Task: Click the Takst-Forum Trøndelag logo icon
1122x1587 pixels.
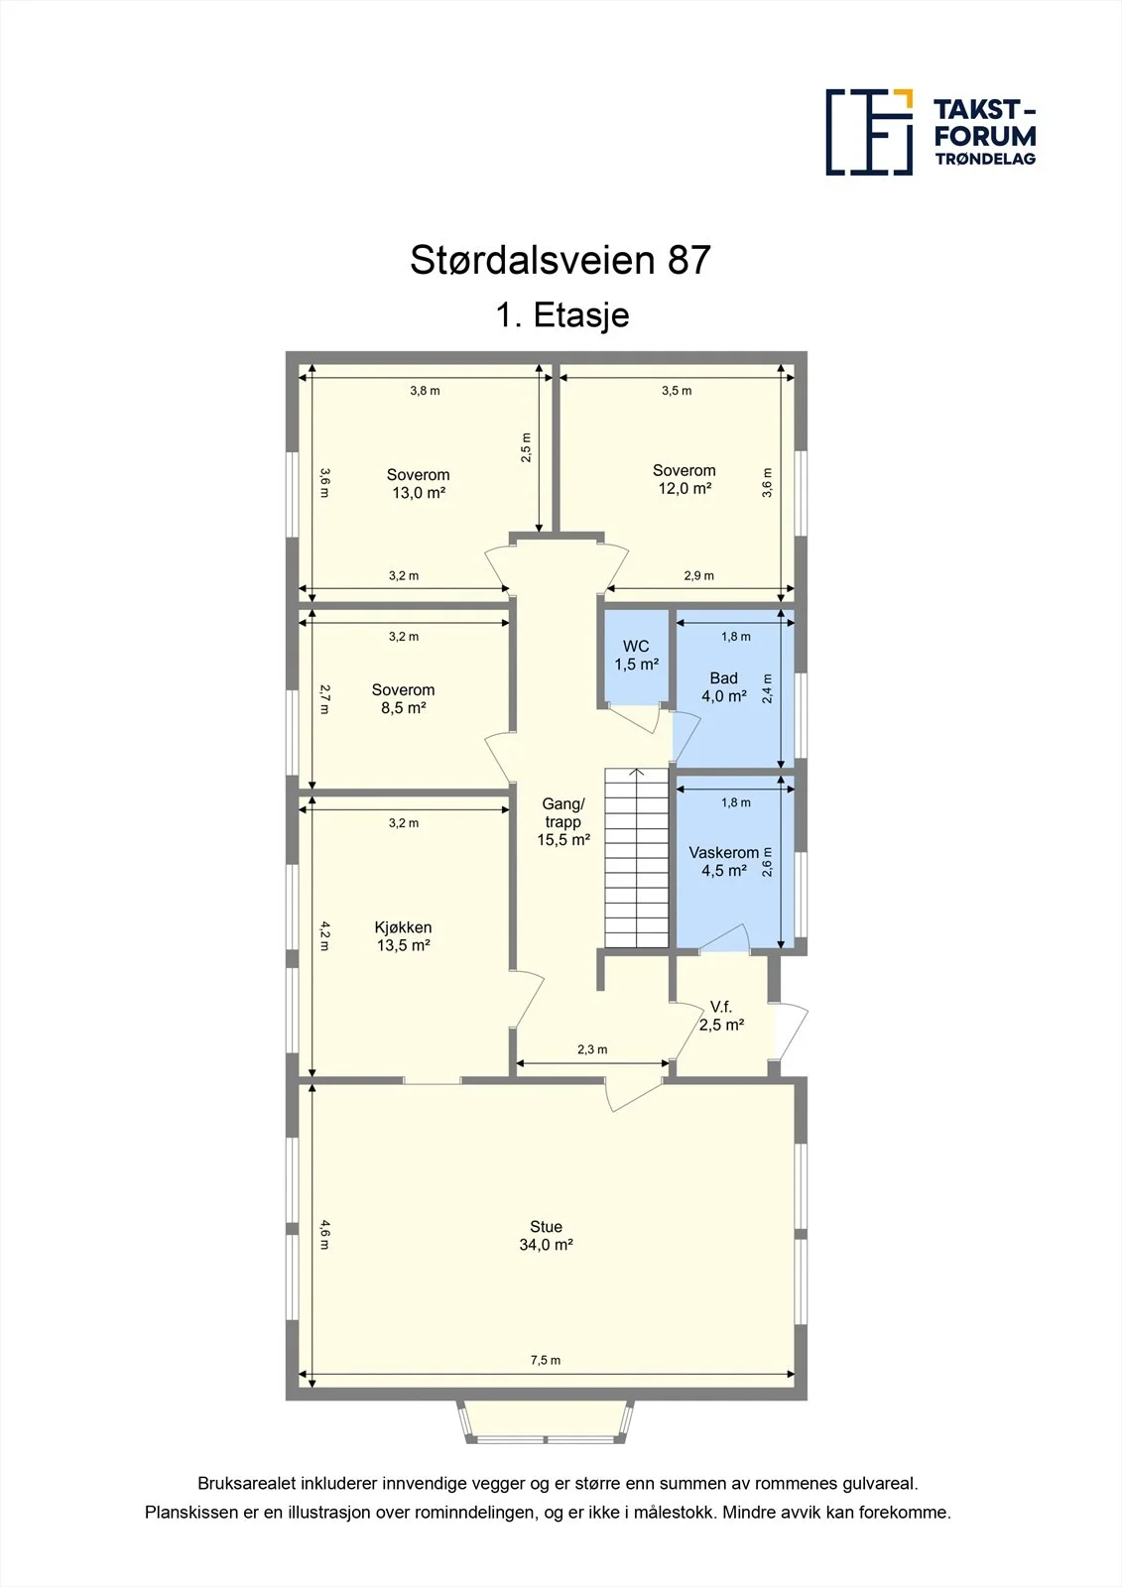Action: (869, 132)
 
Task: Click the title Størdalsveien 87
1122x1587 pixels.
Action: (560, 260)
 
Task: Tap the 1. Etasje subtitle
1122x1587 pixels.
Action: (562, 315)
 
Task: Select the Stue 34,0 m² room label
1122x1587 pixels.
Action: (546, 1236)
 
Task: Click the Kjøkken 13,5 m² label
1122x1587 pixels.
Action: (404, 936)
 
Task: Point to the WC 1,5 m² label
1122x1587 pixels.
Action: (636, 656)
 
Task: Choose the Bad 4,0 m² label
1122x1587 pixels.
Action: (723, 687)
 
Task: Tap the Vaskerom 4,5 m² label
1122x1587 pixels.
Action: (723, 862)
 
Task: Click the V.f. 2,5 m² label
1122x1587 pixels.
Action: (721, 1016)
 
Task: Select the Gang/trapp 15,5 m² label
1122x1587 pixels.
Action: (563, 822)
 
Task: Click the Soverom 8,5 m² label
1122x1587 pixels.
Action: (404, 698)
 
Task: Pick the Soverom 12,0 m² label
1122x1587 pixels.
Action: (684, 479)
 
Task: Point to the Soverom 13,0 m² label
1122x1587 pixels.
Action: (419, 484)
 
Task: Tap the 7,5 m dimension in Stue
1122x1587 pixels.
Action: (545, 1360)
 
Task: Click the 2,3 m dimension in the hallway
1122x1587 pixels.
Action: (592, 1049)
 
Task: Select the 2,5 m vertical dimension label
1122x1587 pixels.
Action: (526, 447)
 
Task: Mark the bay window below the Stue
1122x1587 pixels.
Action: (545, 1422)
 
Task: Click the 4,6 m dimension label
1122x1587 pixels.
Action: (324, 1234)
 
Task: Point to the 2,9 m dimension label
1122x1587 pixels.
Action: (698, 575)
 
